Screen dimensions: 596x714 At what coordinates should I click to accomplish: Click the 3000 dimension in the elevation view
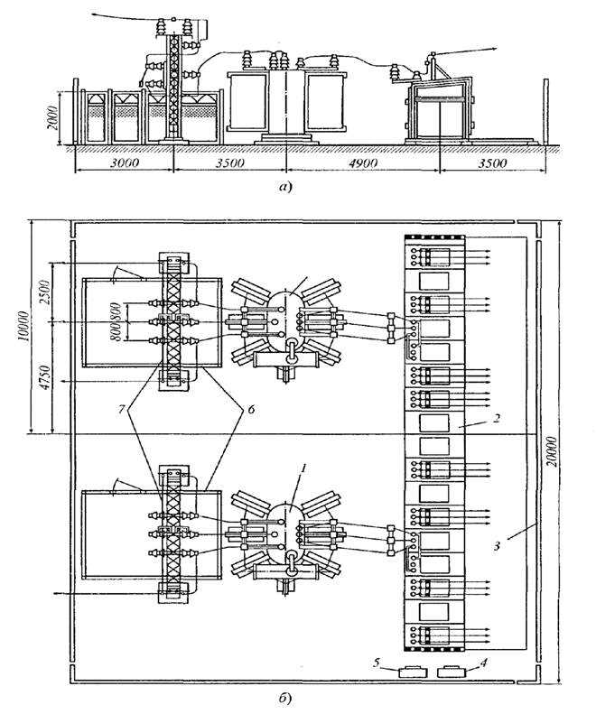coord(125,163)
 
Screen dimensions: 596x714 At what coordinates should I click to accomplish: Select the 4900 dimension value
coord(363,163)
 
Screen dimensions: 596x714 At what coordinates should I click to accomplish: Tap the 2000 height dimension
coord(53,118)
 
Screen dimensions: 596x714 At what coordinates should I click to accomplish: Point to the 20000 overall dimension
coord(553,451)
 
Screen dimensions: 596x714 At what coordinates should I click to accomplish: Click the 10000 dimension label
coord(26,327)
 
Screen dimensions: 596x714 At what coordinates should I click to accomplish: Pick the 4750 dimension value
coord(44,377)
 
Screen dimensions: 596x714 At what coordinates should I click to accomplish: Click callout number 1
coord(305,468)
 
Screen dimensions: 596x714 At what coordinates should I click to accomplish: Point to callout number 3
coord(498,544)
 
